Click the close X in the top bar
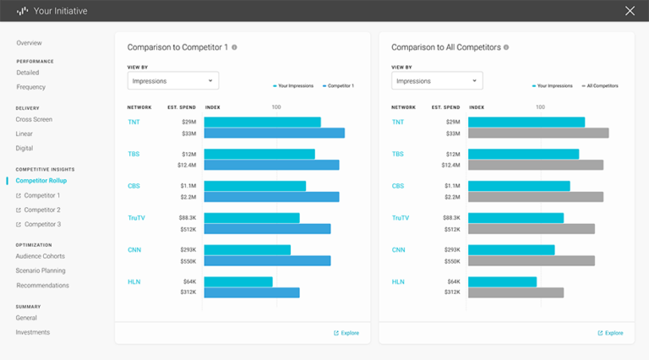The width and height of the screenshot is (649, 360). (630, 11)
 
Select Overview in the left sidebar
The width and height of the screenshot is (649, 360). (29, 43)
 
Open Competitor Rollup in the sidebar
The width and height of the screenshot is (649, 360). (41, 181)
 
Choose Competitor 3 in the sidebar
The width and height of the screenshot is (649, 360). (41, 225)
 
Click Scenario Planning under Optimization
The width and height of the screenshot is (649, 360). (41, 271)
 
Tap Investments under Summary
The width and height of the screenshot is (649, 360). (32, 333)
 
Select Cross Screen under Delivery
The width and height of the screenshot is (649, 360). (34, 120)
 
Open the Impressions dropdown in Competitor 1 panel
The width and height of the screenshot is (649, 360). (173, 81)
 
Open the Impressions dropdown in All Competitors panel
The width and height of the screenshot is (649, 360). (437, 81)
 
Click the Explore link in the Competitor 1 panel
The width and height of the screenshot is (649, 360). (346, 333)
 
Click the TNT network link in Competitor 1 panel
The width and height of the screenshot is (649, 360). (134, 123)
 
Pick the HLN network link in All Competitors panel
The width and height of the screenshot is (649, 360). (398, 281)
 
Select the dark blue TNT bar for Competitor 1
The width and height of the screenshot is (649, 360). (274, 133)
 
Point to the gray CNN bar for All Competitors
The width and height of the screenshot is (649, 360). (531, 261)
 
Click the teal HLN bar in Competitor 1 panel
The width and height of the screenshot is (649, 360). (238, 281)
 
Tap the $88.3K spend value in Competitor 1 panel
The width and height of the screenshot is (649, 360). (187, 218)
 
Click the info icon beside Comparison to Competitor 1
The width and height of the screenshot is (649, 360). (234, 47)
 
